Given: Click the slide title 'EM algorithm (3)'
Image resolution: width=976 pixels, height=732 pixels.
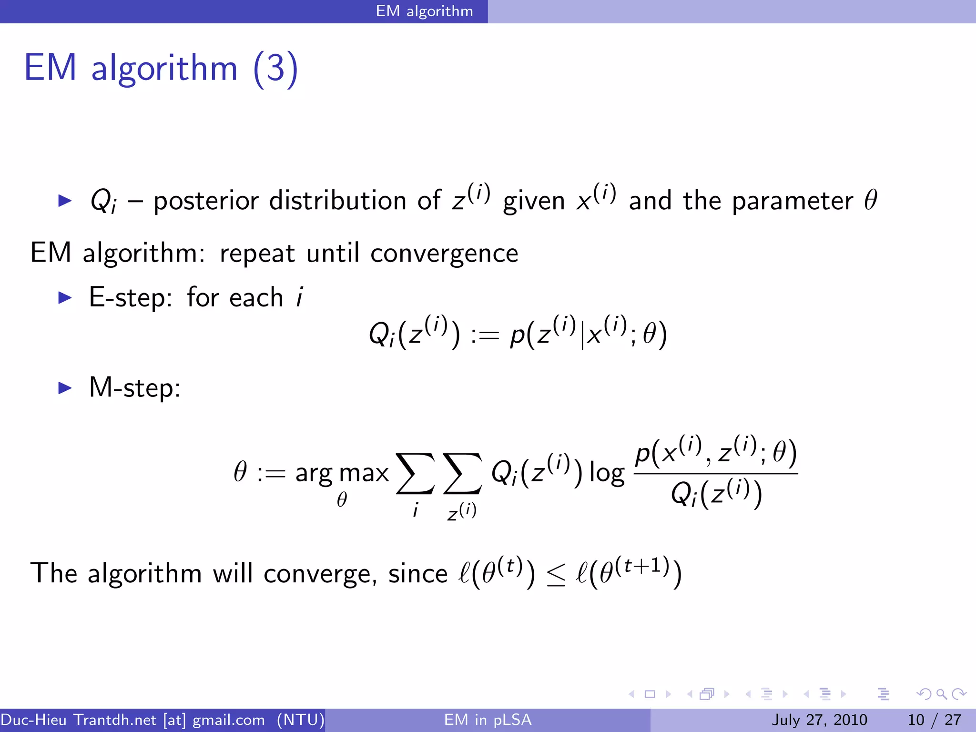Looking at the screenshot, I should [x=161, y=68].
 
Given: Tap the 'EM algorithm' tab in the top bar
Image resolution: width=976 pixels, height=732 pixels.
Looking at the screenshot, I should [x=424, y=11].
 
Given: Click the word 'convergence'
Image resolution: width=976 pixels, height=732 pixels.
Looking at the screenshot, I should [x=444, y=253].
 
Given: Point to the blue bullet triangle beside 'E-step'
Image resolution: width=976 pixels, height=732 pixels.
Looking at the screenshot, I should [x=64, y=298].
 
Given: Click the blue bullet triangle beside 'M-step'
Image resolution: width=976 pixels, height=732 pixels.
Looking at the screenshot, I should [x=64, y=387].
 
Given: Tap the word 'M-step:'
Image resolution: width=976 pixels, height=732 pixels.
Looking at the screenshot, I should [x=135, y=387].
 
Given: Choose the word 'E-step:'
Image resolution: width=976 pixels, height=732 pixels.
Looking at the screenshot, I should [x=131, y=298].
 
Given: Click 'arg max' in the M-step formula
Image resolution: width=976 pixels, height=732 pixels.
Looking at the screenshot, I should [x=342, y=473].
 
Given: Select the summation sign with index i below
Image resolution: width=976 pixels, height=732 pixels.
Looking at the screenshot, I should [x=415, y=474].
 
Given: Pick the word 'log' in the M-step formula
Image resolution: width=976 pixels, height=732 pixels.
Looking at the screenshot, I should [x=607, y=473].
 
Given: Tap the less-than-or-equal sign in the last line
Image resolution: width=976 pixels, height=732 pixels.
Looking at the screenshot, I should [x=556, y=575].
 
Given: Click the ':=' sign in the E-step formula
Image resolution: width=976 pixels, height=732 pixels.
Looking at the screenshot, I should [x=485, y=335].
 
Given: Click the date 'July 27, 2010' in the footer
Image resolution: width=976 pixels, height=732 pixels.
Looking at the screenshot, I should [x=819, y=720].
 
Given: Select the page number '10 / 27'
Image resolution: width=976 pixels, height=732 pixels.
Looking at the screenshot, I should [x=934, y=720].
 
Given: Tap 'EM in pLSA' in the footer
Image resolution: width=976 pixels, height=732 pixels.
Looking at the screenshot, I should [x=488, y=720].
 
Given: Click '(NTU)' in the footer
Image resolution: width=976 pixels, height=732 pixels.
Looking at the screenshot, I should [x=301, y=720].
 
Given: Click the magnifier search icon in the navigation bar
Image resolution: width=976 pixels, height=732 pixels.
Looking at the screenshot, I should [x=941, y=694].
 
